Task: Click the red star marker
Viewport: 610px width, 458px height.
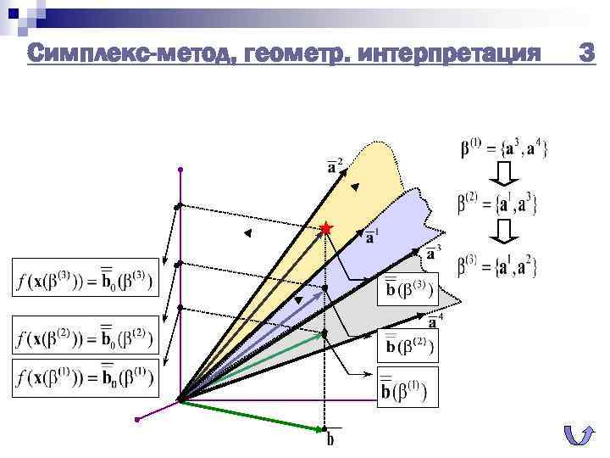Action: (x=327, y=228)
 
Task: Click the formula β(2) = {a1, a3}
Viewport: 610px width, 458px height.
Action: (x=497, y=204)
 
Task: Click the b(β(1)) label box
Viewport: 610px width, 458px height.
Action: (x=408, y=388)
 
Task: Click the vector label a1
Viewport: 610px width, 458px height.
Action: (x=372, y=235)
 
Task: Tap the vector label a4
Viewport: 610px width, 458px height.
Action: (x=435, y=321)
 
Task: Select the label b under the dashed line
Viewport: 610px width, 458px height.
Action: (x=331, y=438)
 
